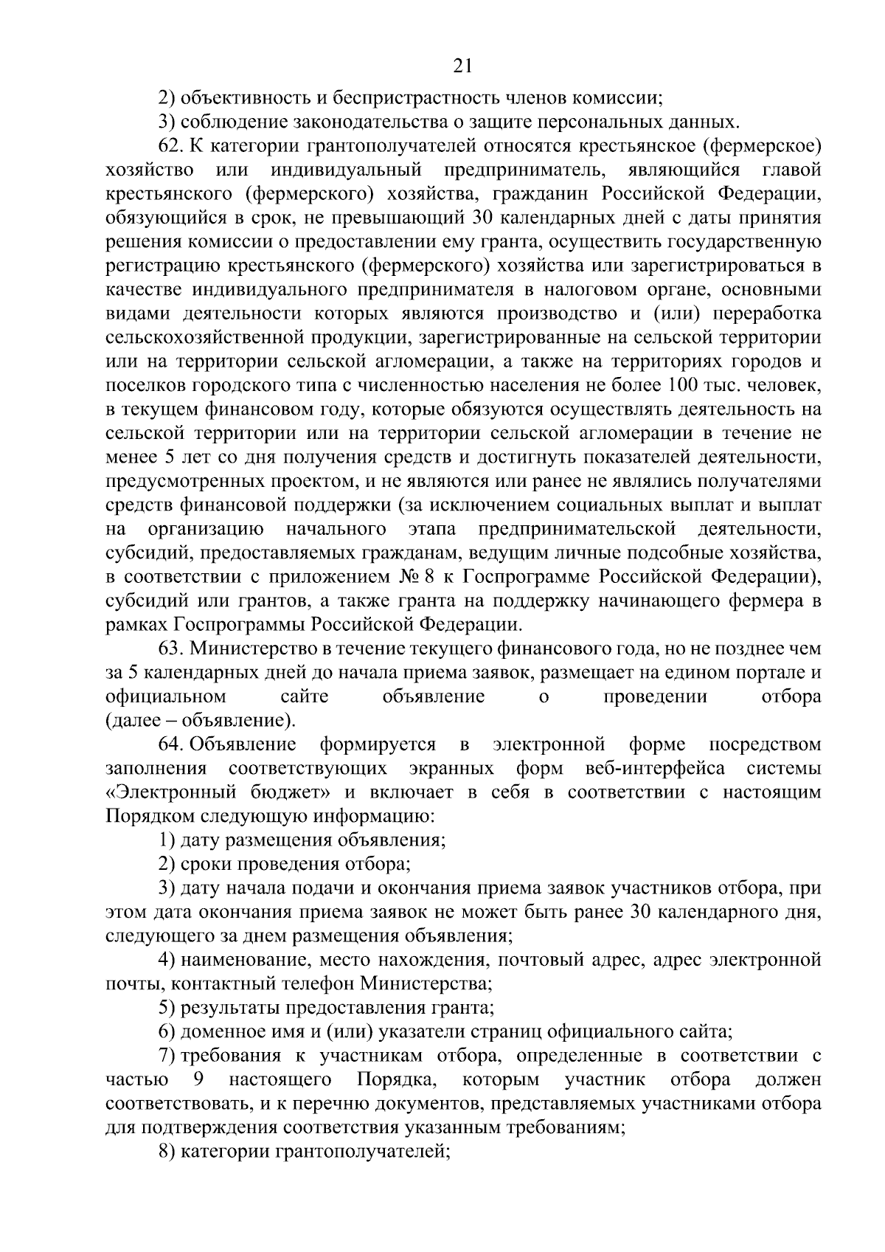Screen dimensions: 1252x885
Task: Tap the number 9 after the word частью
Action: pos(198,1079)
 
